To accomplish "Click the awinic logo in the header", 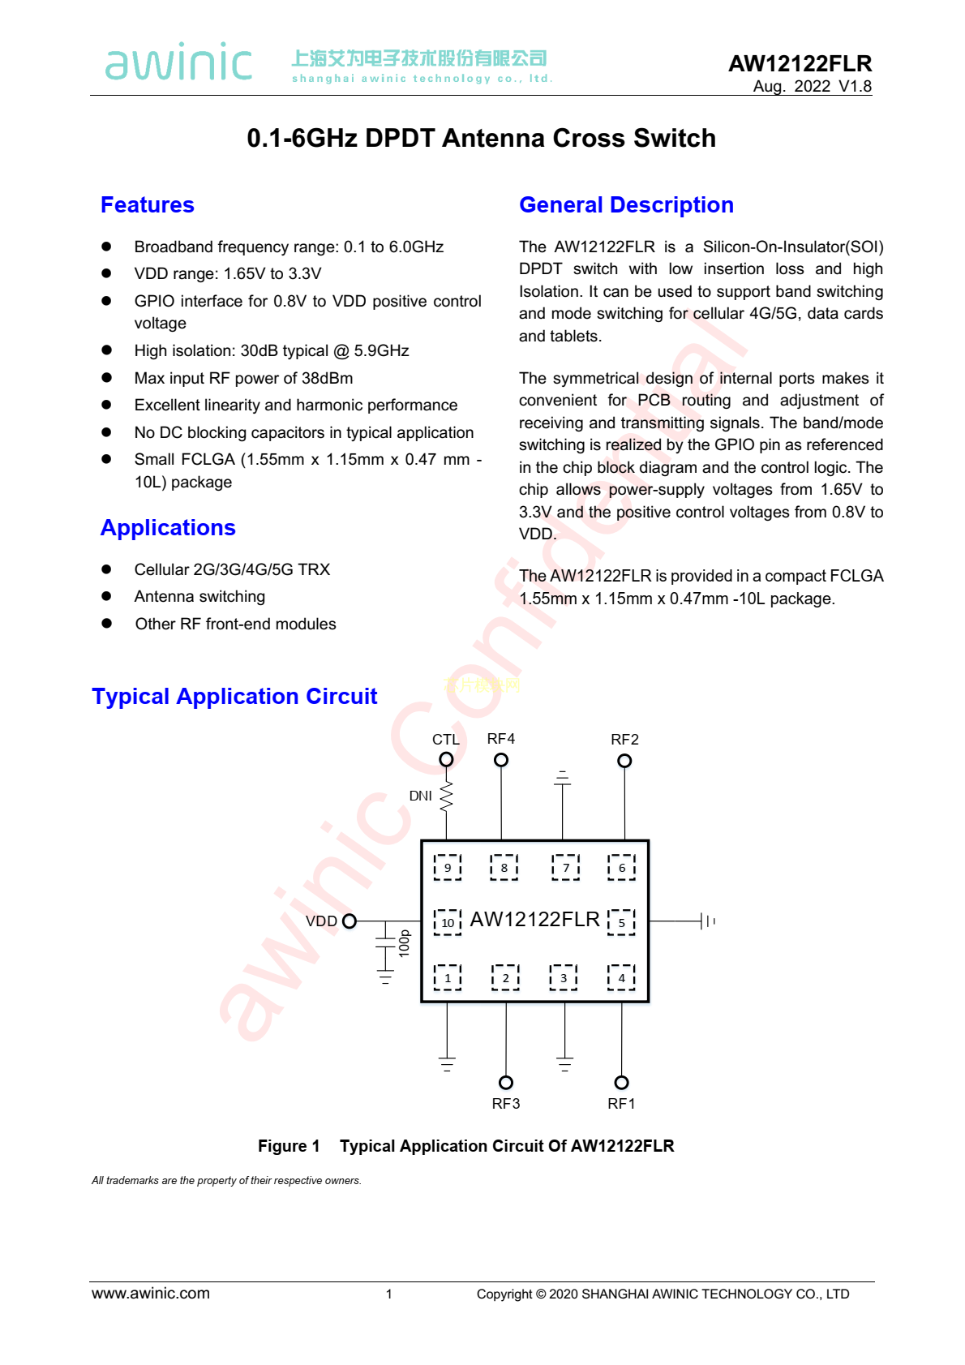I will click(x=178, y=62).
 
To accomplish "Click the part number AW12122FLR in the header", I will click(x=800, y=63).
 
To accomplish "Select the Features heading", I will click(x=148, y=205).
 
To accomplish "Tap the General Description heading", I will click(x=626, y=205).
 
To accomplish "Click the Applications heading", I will click(x=168, y=528).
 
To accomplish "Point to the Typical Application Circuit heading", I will click(x=234, y=697).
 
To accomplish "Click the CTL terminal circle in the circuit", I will click(x=446, y=759).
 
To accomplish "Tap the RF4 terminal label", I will click(x=500, y=739).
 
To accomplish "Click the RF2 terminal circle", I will click(x=624, y=761).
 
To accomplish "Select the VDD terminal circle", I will click(x=350, y=921).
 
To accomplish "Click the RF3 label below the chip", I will click(x=506, y=1104).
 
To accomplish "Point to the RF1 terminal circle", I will click(x=621, y=1083).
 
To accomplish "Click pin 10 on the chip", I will click(x=448, y=923).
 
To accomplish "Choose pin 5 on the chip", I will click(x=622, y=923).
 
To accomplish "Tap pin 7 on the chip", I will click(x=566, y=868).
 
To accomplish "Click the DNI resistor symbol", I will click(x=446, y=796).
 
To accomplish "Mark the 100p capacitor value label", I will click(x=405, y=943).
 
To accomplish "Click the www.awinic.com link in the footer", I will click(x=151, y=1294).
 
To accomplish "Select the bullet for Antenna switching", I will click(x=106, y=596).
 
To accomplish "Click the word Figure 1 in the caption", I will click(x=289, y=1146).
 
